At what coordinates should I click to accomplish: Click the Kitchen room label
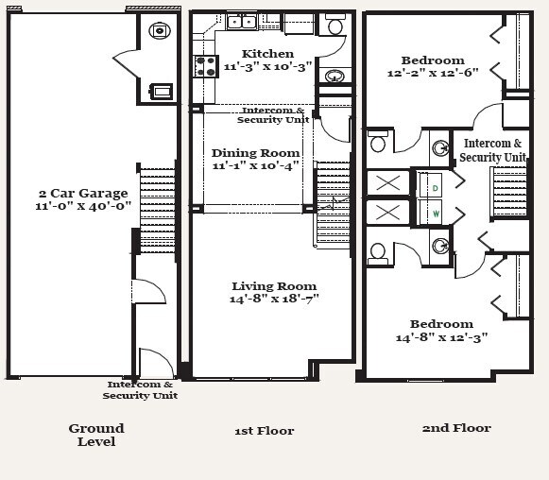click(x=267, y=54)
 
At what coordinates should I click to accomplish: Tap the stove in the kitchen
click(x=206, y=66)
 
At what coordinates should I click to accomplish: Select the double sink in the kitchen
click(x=242, y=23)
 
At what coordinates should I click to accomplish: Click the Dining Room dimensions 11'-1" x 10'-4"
click(x=255, y=165)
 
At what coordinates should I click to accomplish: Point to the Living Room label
click(x=274, y=286)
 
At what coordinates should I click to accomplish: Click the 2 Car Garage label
click(x=83, y=194)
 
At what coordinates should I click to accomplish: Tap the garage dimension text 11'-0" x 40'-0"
click(x=83, y=206)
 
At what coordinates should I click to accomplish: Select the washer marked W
click(x=431, y=213)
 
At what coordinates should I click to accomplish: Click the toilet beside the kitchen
click(x=335, y=24)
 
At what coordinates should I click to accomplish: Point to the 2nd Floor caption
click(x=456, y=428)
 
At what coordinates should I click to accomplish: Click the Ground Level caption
click(x=96, y=435)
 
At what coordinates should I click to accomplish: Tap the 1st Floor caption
click(x=265, y=431)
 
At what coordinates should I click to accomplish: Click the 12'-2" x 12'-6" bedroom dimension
click(x=433, y=73)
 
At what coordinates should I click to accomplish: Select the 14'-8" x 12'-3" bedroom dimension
click(x=441, y=337)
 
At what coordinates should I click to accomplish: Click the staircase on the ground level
click(x=157, y=210)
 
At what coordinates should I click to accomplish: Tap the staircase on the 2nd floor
click(x=510, y=192)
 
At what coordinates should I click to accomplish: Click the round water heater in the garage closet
click(x=160, y=30)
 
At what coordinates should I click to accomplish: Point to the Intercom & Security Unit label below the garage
click(x=140, y=390)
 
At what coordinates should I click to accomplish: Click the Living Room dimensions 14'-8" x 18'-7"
click(x=274, y=299)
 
